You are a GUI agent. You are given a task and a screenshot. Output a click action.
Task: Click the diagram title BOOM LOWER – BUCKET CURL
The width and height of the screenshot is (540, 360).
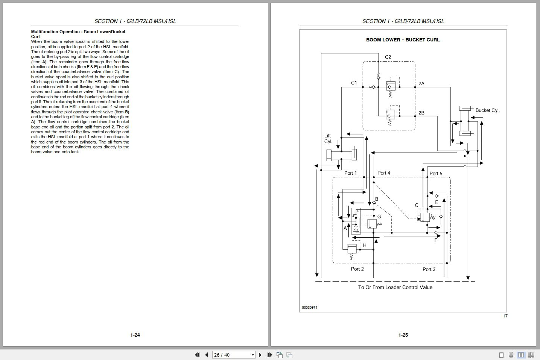tap(403, 40)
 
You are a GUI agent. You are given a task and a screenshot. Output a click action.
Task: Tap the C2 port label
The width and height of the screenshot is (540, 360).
tap(388, 57)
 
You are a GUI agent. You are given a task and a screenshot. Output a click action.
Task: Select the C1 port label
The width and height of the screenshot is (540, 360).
tap(354, 83)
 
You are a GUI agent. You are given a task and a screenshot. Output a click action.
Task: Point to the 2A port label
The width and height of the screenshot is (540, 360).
tap(421, 84)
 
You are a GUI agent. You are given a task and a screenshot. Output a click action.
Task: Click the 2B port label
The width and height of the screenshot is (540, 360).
tap(421, 113)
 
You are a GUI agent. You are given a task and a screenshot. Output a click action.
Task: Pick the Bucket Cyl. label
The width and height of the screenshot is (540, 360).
tap(487, 110)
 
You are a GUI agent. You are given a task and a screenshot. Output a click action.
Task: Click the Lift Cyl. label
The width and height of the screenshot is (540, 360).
tap(328, 139)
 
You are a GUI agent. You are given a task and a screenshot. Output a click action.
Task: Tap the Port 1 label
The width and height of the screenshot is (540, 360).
tap(350, 173)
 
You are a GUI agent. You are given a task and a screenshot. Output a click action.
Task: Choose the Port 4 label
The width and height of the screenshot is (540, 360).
tap(383, 173)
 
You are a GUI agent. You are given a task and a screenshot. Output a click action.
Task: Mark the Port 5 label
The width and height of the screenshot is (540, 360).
tap(436, 174)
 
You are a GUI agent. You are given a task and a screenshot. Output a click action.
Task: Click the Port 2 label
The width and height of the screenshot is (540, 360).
tap(357, 269)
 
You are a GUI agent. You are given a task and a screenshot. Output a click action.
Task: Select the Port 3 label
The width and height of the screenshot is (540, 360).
tap(429, 269)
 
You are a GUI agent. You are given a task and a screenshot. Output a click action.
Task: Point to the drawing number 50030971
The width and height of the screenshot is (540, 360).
tap(309, 308)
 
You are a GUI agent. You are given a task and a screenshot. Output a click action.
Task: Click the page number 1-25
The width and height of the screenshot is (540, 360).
tap(403, 335)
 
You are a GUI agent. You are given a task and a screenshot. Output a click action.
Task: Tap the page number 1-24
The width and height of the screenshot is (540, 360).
tap(135, 335)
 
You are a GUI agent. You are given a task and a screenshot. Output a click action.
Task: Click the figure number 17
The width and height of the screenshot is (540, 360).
tap(505, 316)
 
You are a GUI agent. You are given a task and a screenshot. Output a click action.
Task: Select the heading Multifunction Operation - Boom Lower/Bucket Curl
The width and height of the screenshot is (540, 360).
tap(78, 34)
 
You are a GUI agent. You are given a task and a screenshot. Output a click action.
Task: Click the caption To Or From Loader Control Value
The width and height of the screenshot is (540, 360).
tap(395, 287)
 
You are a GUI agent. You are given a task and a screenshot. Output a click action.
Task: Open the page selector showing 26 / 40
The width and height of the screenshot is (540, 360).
tap(234, 355)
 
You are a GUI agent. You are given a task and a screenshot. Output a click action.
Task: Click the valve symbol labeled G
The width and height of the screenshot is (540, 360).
tap(372, 224)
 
